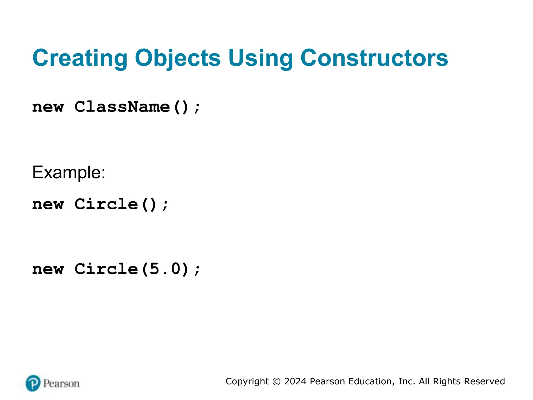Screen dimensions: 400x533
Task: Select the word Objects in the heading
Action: [178, 58]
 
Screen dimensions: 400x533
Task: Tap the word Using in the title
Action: [261, 58]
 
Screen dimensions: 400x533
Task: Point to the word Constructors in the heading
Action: [374, 58]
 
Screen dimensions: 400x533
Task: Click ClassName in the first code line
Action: [122, 107]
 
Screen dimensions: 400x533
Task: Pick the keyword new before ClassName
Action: [48, 107]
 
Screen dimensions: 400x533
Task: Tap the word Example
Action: [69, 172]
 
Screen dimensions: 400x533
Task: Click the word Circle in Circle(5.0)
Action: [106, 269]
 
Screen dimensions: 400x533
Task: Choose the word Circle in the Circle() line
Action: [106, 204]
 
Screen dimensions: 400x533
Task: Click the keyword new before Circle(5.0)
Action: [48, 269]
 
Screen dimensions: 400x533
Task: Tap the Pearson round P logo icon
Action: [33, 383]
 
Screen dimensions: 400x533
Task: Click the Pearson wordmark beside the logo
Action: [61, 384]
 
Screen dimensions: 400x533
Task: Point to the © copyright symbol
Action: [276, 382]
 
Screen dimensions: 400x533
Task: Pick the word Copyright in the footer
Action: [247, 382]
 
